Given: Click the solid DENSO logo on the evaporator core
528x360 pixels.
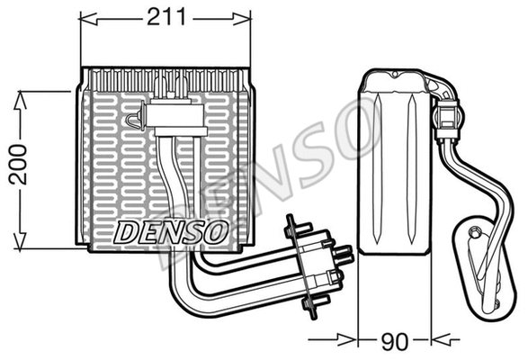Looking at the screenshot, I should [171, 231].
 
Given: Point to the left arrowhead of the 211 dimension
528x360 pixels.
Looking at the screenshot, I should [86, 16].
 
